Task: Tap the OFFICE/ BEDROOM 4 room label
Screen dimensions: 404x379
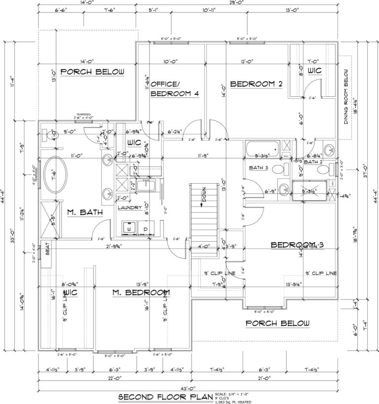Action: coord(174,88)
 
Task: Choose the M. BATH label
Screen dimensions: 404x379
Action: coord(85,212)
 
